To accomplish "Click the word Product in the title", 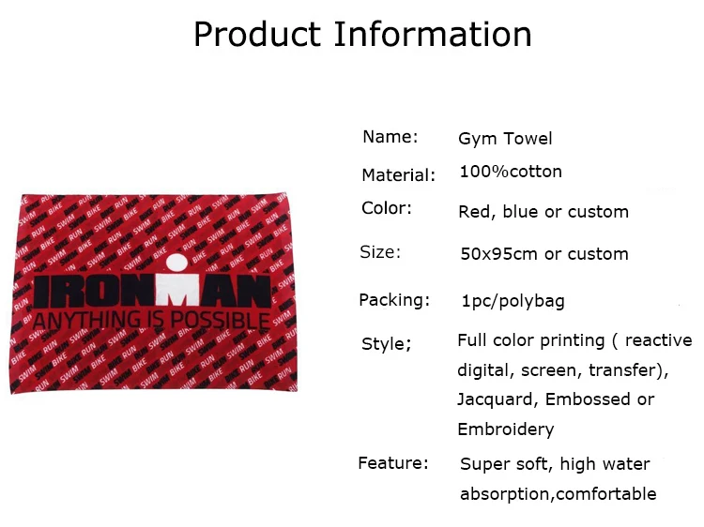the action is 257,34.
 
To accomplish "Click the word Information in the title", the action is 433,34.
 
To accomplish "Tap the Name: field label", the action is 390,137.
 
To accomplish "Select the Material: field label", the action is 399,175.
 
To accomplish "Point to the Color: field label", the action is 387,208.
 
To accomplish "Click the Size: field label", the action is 380,252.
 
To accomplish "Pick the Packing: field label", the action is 394,300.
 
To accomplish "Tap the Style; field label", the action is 386,344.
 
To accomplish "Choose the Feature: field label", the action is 393,463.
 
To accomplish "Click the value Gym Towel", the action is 505,139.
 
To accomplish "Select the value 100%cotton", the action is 511,172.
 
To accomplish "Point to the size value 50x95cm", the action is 498,254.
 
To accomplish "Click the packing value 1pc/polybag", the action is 513,301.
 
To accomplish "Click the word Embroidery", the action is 506,429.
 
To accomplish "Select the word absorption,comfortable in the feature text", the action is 559,494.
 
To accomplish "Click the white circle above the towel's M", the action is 176,263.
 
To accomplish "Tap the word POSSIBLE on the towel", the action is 220,321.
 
